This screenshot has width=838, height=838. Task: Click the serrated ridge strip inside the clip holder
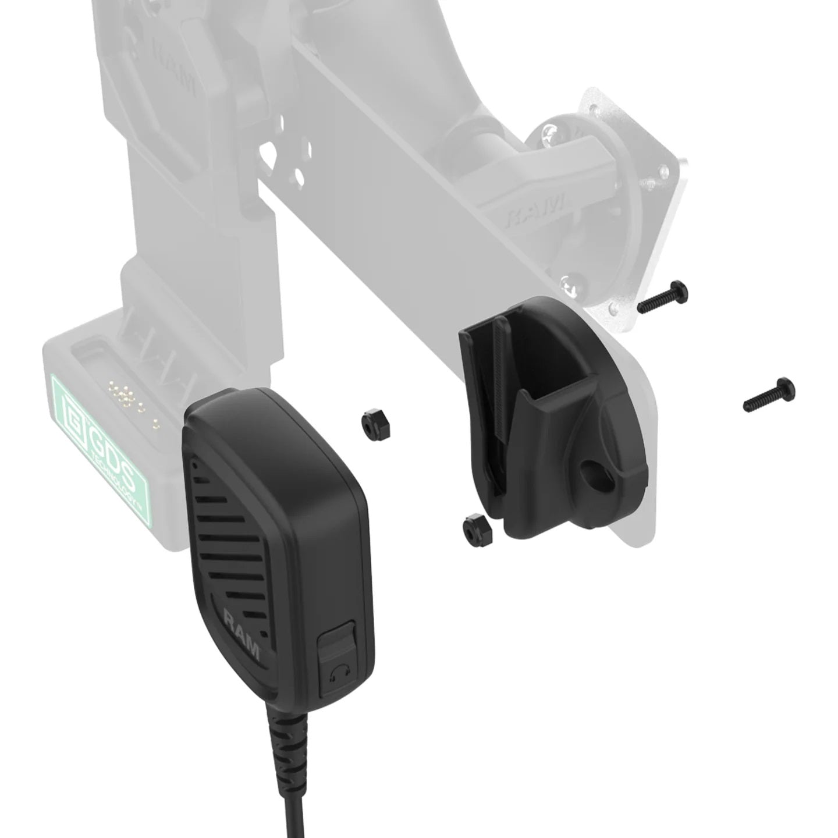click(x=500, y=372)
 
